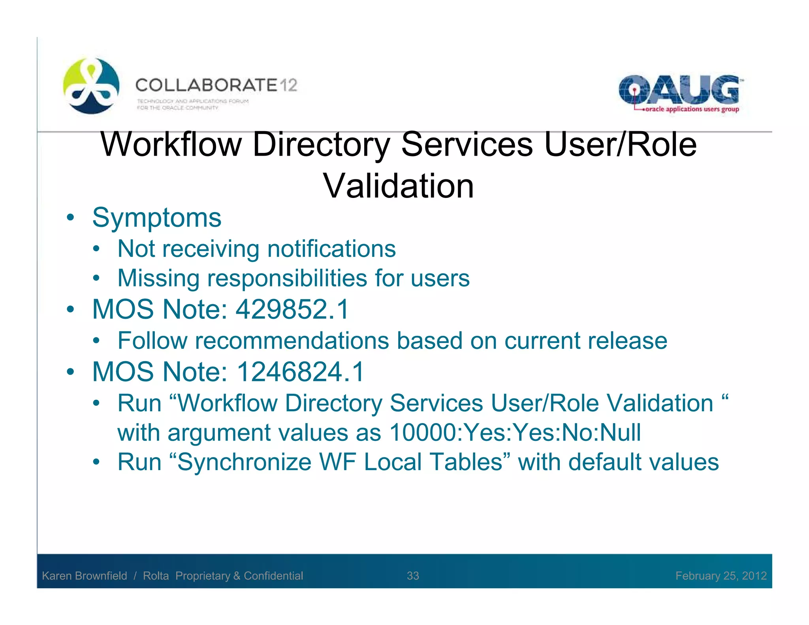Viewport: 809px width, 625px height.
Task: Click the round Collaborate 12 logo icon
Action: point(91,86)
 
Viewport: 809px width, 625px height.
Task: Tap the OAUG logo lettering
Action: point(678,90)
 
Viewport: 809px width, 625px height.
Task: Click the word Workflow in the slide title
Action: point(171,145)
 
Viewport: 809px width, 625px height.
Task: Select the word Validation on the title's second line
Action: point(399,186)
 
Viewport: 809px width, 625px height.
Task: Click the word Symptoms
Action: point(156,218)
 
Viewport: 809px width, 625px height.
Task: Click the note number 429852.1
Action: point(292,309)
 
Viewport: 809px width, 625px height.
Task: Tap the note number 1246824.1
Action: point(300,372)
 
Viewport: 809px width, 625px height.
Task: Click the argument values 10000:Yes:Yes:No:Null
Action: point(515,433)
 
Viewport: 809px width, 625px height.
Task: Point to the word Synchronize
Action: point(245,462)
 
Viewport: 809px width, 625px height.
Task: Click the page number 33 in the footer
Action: point(413,576)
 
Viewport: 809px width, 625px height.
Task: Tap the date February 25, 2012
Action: point(721,576)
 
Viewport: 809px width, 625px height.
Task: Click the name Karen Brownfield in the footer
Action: point(85,576)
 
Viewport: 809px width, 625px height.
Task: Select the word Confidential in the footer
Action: point(273,576)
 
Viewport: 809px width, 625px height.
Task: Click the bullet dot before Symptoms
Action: point(70,218)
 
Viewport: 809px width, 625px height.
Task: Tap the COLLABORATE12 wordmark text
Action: point(216,85)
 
